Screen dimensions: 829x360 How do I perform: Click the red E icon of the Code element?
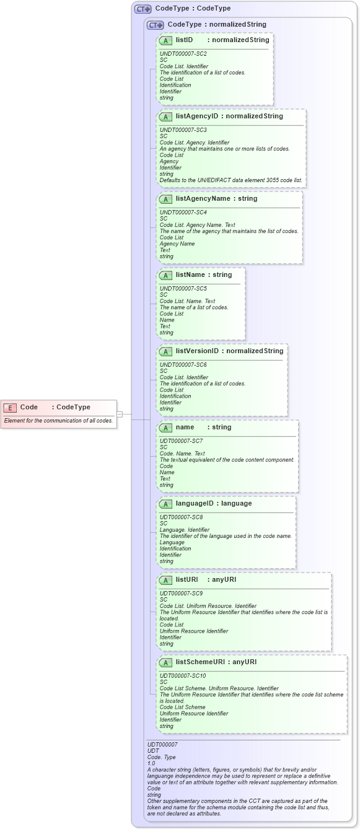point(10,407)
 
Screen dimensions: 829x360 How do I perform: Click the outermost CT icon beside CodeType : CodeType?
point(143,9)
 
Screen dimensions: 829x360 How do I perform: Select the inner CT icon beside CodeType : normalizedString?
point(156,25)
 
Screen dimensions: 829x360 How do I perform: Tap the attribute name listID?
point(184,40)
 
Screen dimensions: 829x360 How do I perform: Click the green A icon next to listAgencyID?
point(165,116)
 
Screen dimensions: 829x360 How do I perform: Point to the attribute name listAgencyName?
point(203,199)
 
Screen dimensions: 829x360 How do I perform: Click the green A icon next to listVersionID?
point(165,351)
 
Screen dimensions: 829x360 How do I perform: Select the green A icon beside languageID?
point(165,504)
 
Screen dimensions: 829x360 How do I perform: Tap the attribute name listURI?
point(187,580)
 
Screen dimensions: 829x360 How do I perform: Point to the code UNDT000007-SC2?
point(183,54)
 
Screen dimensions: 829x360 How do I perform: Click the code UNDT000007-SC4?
point(183,213)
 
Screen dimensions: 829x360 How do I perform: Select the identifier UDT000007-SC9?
point(182,594)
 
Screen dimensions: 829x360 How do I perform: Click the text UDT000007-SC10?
point(183,676)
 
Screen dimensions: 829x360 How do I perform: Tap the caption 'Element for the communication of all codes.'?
point(58,421)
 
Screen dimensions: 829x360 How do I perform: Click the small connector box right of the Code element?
point(120,414)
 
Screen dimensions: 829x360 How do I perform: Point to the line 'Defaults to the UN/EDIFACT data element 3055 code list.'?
point(231,180)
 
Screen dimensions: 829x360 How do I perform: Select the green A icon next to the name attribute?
point(165,428)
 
